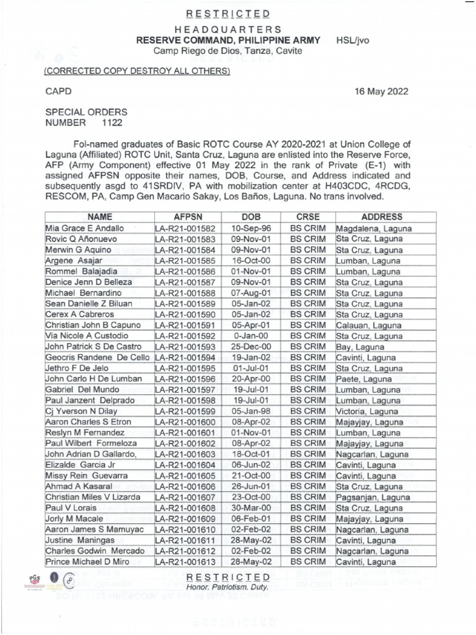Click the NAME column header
click(98, 217)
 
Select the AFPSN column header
click(184, 217)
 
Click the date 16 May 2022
click(381, 91)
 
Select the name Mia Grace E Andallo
click(85, 228)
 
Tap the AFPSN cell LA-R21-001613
click(184, 562)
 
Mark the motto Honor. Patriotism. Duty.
click(229, 587)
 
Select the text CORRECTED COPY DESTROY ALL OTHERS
click(136, 71)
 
